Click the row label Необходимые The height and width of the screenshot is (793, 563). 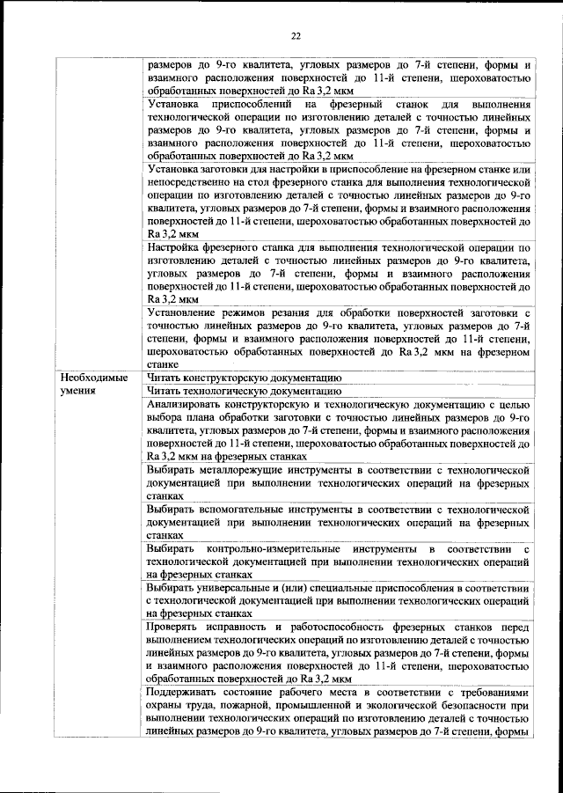(93, 377)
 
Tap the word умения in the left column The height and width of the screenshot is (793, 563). (79, 389)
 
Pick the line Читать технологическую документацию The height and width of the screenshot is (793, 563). (244, 389)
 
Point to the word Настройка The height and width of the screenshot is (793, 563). (176, 249)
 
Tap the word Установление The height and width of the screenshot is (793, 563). (186, 312)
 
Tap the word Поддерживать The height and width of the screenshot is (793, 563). (187, 694)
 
